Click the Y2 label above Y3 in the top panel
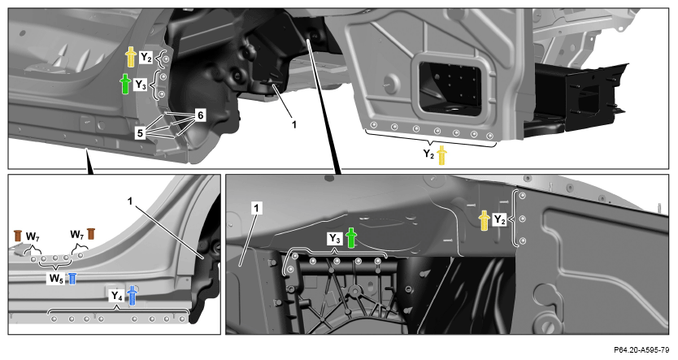tap(146, 58)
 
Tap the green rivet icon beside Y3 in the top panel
tap(125, 84)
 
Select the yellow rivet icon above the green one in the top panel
tap(131, 57)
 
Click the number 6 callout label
tap(200, 115)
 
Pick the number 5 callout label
tap(140, 133)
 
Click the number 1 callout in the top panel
tap(294, 124)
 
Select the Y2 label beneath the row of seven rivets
tap(428, 154)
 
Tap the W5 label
tap(56, 278)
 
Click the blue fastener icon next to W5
tap(72, 278)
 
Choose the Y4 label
tap(117, 296)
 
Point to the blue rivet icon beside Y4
tap(133, 296)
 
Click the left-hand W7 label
tap(33, 236)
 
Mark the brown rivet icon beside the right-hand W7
tap(91, 233)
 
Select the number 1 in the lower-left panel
tap(130, 201)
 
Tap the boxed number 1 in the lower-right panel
tap(257, 209)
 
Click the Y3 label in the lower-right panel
tap(335, 238)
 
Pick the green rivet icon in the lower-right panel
tap(350, 237)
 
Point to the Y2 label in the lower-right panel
tap(499, 220)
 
